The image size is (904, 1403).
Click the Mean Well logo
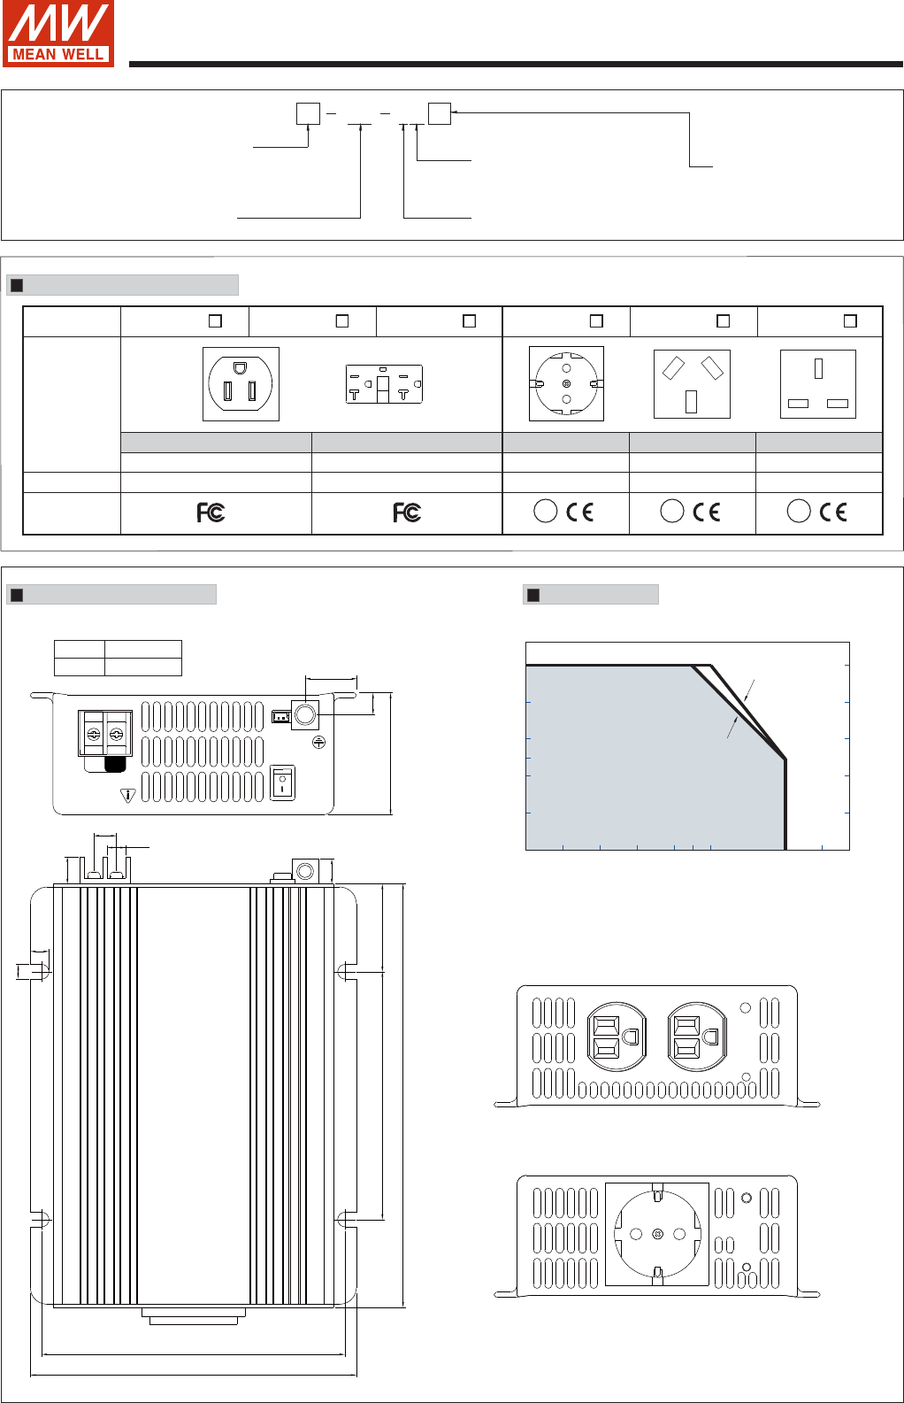pyautogui.click(x=57, y=34)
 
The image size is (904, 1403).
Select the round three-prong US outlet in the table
pyautogui.click(x=241, y=384)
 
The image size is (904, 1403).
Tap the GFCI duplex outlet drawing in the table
pyautogui.click(x=384, y=384)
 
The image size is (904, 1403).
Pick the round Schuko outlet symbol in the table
pyautogui.click(x=567, y=383)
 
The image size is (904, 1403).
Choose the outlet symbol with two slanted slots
pyautogui.click(x=692, y=384)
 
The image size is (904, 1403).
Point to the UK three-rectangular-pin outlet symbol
pyautogui.click(x=818, y=384)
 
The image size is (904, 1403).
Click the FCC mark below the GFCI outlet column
pyautogui.click(x=407, y=513)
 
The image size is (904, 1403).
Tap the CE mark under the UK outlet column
pyautogui.click(x=833, y=512)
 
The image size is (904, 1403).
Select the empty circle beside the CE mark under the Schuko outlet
pyautogui.click(x=545, y=511)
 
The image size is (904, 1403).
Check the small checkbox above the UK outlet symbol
pyautogui.click(x=850, y=321)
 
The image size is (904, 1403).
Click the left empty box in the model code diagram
pyautogui.click(x=308, y=114)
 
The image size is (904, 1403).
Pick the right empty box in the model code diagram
pyautogui.click(x=440, y=113)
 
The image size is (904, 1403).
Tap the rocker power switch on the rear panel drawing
pyautogui.click(x=282, y=782)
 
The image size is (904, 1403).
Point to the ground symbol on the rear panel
pyautogui.click(x=318, y=743)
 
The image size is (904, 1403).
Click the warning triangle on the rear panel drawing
pyautogui.click(x=127, y=796)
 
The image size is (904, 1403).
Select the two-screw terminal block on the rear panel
pyautogui.click(x=104, y=734)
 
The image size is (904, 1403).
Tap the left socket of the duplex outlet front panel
pyautogui.click(x=617, y=1037)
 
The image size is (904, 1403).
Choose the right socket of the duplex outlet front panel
pyautogui.click(x=697, y=1037)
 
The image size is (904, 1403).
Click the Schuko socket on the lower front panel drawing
pyautogui.click(x=657, y=1234)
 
